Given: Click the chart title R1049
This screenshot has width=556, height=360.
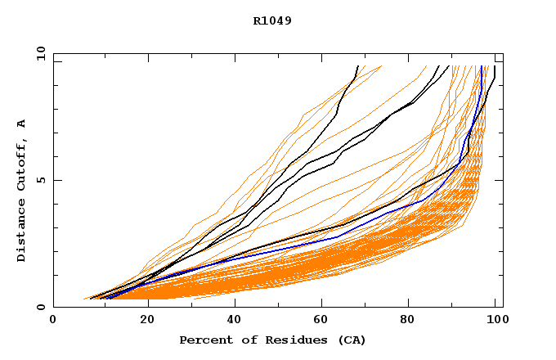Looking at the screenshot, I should coord(272,20).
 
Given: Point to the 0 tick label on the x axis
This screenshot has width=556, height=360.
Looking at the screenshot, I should coord(53,321).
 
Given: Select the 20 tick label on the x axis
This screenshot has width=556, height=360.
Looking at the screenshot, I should coord(147,321).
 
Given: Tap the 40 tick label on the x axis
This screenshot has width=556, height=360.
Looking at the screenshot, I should coord(235,321).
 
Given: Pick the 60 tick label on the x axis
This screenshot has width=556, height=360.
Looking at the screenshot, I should coord(325,321).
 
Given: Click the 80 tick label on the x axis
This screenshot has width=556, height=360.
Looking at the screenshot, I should coord(413,321).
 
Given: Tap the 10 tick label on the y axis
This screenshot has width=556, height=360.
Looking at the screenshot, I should coord(38,53).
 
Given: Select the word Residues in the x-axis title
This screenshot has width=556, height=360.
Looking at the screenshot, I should coord(291,340).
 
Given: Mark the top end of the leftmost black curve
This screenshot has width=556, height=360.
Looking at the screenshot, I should coord(357,66).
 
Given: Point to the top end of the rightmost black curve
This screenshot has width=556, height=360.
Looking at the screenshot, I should coord(495,67).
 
